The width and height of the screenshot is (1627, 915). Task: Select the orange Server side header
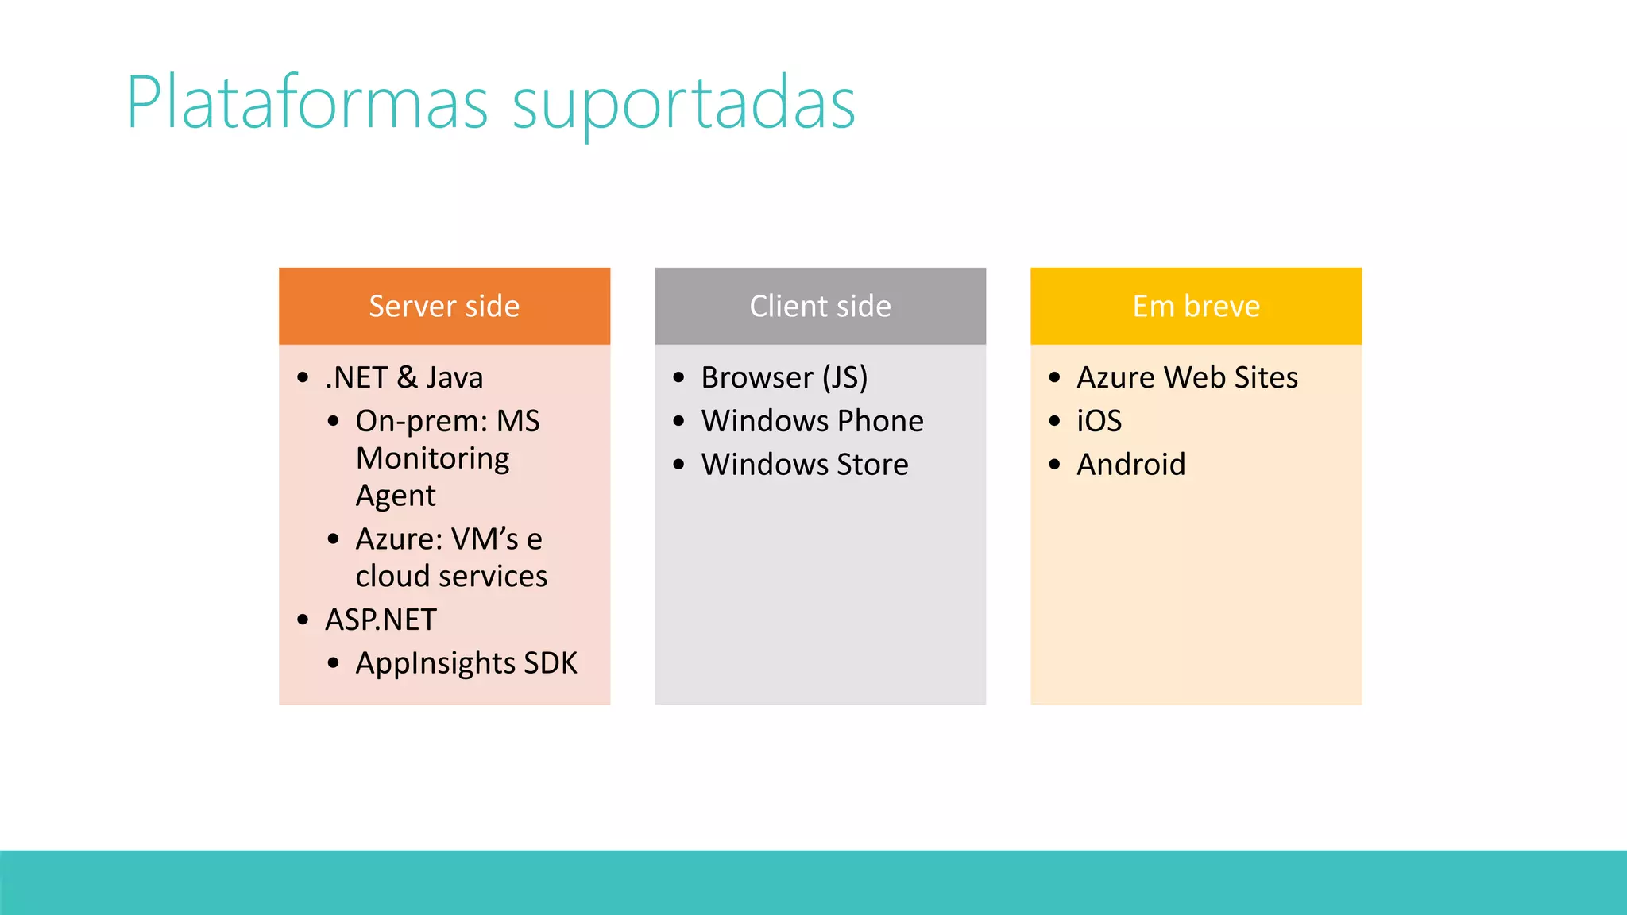coord(444,306)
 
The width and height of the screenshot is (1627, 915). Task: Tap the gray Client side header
coord(820,306)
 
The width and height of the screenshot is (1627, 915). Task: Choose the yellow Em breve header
coord(1196,306)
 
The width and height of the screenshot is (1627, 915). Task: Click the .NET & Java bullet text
coord(404,377)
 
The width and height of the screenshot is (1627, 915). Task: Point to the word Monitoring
coord(432,458)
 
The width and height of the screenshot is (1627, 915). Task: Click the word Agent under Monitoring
coord(396,496)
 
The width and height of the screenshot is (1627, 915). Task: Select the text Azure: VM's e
coord(449,539)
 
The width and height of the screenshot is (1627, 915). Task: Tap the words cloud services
coord(451,576)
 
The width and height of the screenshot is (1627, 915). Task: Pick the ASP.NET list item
coord(381,620)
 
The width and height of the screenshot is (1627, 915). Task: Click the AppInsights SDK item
coord(466,663)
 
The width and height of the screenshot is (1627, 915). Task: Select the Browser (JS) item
coord(784,377)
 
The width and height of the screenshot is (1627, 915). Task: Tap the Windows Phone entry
coord(812,421)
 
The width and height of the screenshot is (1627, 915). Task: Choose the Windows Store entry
coord(805,465)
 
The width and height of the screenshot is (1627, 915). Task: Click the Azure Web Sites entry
coord(1187,377)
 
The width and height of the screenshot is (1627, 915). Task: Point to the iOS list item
coord(1099,421)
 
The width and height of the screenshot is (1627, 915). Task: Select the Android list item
coord(1130,465)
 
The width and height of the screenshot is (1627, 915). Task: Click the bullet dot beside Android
coord(1054,465)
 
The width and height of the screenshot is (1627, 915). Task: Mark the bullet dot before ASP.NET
coord(303,620)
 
